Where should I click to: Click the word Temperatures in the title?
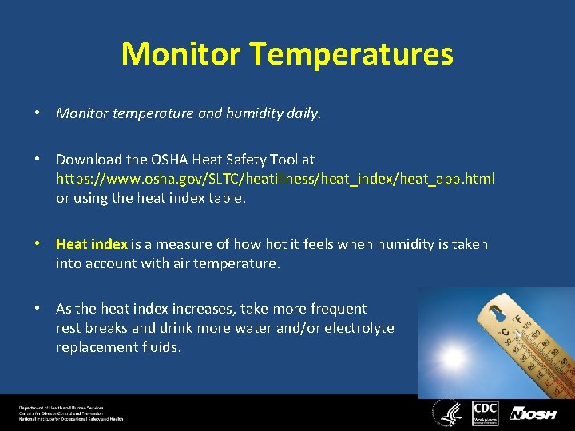(351, 54)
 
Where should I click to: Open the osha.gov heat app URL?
(275, 179)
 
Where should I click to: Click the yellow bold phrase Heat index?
(91, 244)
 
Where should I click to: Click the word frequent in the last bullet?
(338, 309)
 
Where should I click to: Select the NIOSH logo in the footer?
(533, 413)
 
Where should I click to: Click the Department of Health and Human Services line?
(62, 408)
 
